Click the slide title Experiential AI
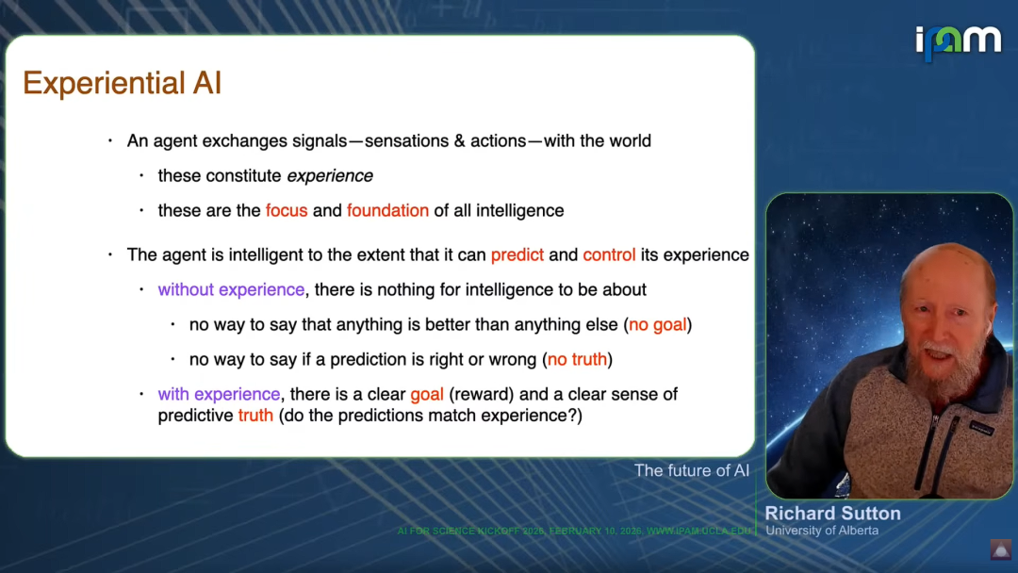(x=122, y=84)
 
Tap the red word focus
(x=287, y=211)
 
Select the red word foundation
(x=387, y=211)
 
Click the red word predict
(x=517, y=255)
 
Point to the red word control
(x=609, y=255)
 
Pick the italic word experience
(x=330, y=176)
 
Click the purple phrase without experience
(x=231, y=290)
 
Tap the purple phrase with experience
(x=219, y=395)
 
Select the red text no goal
(x=658, y=324)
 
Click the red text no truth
(x=577, y=359)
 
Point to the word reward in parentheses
(x=481, y=395)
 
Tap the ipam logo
(x=959, y=42)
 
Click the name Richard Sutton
(x=833, y=514)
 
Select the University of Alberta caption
(x=822, y=531)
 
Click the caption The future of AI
(x=692, y=470)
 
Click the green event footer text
(x=574, y=531)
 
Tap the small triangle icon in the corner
(x=1000, y=549)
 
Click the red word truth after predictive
(x=255, y=416)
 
